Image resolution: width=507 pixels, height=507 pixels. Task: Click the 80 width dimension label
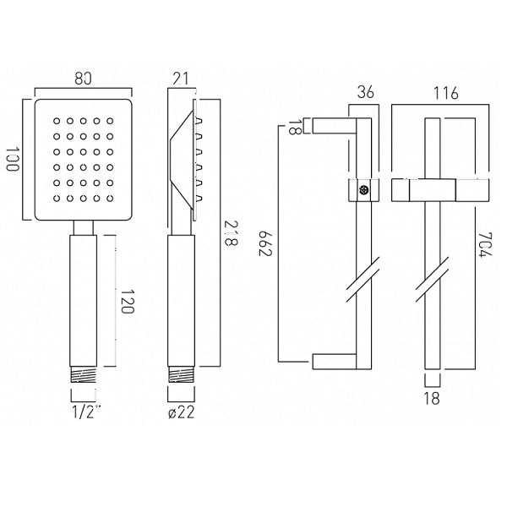click(x=83, y=79)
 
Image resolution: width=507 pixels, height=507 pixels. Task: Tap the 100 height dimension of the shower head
click(x=13, y=160)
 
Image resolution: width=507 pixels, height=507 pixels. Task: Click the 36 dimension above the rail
click(x=365, y=92)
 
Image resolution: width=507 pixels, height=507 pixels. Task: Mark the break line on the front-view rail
click(x=431, y=279)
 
